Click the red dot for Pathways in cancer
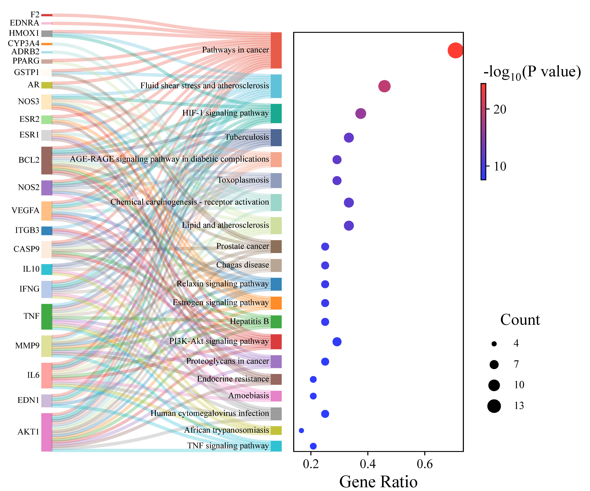coord(455,51)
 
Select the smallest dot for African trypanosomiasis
coord(301,430)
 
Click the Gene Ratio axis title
coord(378,482)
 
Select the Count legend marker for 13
coord(494,406)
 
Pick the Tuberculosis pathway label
coord(247,137)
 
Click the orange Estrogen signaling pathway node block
coord(276,303)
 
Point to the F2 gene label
coord(35,15)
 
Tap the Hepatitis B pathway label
coord(249,321)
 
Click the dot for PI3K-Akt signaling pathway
coord(337,342)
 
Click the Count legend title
coord(520,320)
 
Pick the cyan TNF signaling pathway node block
coord(276,446)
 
